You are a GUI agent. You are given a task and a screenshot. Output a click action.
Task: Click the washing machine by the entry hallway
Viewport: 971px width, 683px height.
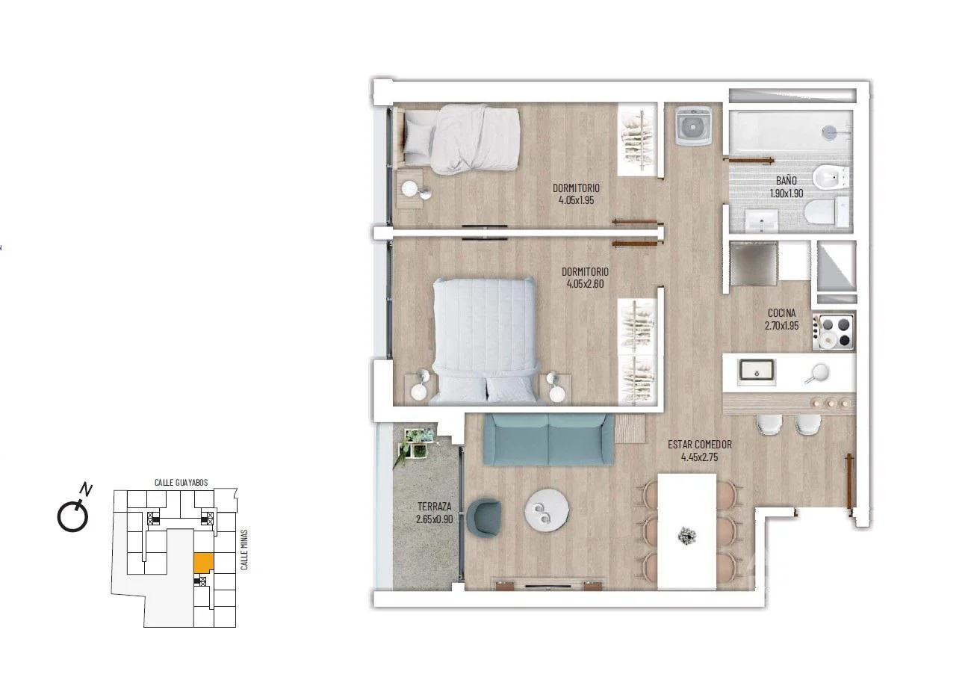coord(692,126)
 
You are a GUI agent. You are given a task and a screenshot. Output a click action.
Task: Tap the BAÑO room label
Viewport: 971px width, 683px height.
coord(786,180)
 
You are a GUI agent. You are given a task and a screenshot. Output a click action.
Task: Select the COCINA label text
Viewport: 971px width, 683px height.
coord(781,312)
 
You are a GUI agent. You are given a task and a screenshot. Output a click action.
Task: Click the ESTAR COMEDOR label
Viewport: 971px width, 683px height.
coord(700,445)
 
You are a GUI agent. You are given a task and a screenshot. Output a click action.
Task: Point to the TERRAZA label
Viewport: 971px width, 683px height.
coord(435,506)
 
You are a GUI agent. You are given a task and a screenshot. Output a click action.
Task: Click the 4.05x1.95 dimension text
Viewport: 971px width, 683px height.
coord(576,200)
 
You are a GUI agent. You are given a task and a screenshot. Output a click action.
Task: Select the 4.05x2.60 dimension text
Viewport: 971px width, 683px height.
coord(585,284)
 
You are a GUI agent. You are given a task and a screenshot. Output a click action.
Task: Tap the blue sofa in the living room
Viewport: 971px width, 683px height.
coord(548,439)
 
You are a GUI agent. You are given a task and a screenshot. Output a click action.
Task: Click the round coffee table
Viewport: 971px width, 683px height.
coord(547,510)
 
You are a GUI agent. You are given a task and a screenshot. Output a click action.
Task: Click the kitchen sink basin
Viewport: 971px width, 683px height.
coord(757,372)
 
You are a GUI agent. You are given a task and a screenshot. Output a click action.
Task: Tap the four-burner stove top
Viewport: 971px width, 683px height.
coord(834,333)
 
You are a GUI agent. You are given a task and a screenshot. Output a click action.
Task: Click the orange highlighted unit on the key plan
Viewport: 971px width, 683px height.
coord(203,563)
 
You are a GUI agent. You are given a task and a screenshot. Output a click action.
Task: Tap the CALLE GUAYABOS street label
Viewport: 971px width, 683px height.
coord(182,482)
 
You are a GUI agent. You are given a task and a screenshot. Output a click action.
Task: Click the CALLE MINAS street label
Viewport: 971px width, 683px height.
coord(244,549)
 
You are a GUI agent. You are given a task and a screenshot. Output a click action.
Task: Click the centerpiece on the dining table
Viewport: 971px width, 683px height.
coord(686,536)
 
